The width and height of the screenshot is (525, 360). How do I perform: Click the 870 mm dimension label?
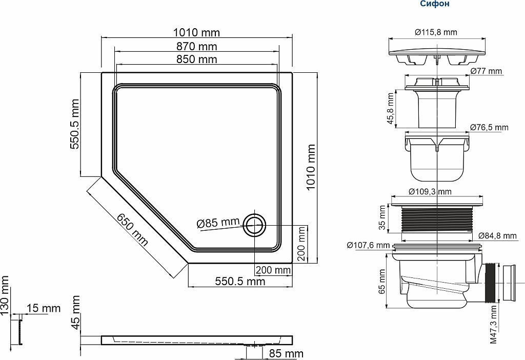(196, 46)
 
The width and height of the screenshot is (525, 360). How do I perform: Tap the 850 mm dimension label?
(196, 59)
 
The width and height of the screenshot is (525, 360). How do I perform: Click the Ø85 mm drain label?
(218, 223)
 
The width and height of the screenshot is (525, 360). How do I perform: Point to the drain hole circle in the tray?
(254, 225)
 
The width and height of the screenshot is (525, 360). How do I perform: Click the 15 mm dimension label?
(44, 308)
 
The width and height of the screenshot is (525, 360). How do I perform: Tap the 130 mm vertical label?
(4, 295)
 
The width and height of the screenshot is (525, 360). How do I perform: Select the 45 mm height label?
(76, 312)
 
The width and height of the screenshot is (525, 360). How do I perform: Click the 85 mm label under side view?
(286, 353)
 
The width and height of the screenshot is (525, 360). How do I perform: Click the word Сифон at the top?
(435, 4)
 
